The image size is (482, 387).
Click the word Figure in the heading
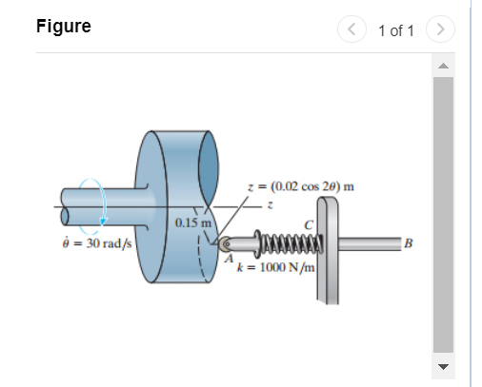(63, 26)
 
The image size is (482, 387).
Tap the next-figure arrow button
(441, 29)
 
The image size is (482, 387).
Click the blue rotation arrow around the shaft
(96, 204)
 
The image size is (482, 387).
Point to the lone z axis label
(270, 203)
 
